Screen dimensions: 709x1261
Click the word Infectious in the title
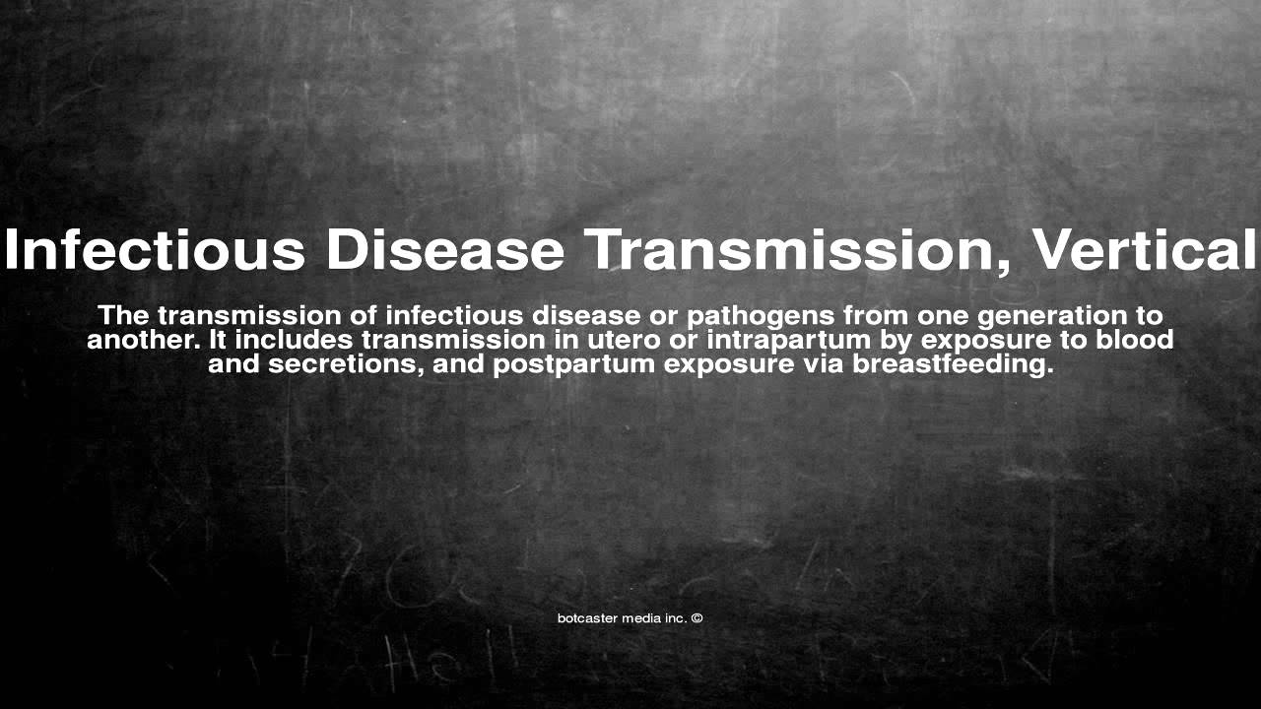point(156,250)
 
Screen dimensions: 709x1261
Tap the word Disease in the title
point(446,250)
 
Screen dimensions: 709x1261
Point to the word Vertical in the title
point(1144,250)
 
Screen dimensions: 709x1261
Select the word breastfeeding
point(953,365)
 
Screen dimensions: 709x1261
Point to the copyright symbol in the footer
point(697,618)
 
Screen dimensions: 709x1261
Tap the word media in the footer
point(641,618)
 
